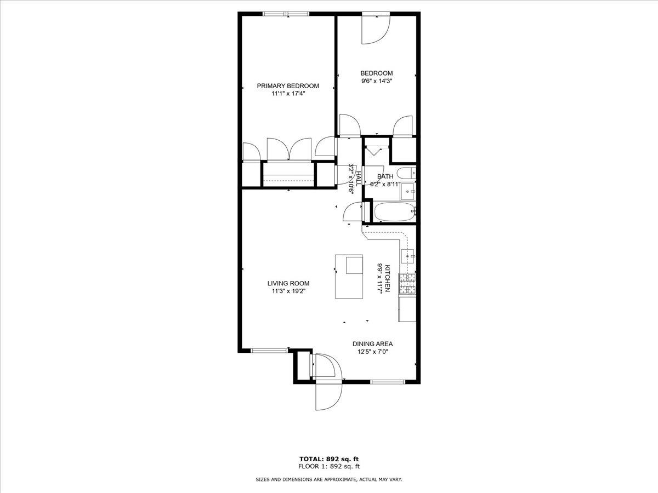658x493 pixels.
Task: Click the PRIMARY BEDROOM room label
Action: point(288,85)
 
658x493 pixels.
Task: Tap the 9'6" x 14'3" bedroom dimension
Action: point(376,81)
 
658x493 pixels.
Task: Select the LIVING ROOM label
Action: point(288,283)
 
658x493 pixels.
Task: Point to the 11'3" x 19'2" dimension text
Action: point(288,291)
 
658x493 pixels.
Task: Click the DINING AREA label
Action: point(372,344)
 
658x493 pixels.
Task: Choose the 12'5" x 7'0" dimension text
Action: point(372,352)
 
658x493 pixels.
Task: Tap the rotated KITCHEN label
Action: point(387,278)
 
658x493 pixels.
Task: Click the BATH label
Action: point(385,176)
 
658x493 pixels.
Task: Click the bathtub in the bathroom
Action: point(394,212)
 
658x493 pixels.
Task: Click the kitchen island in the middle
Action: point(349,277)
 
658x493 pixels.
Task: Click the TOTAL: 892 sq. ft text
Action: point(329,458)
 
